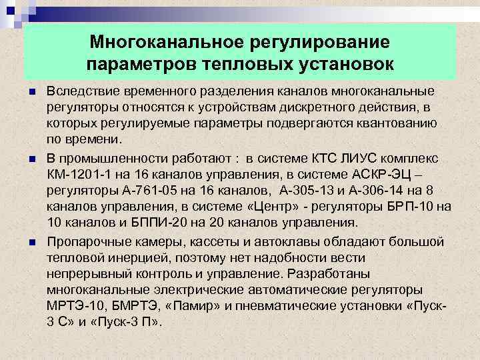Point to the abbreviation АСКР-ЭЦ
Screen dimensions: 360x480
(x=400, y=174)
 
